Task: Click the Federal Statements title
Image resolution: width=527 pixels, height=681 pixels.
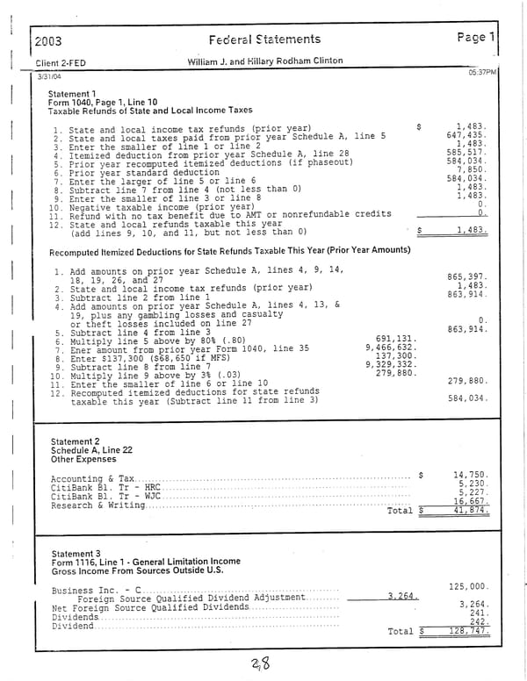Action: point(265,39)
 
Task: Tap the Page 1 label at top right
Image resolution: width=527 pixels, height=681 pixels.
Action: point(477,38)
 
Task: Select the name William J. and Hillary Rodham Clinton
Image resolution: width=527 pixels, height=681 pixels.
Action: point(264,61)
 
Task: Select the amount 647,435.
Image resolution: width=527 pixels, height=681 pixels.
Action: point(466,135)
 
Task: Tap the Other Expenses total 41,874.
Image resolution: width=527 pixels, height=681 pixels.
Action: point(469,510)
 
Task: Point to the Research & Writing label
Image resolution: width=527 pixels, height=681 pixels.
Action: point(97,505)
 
